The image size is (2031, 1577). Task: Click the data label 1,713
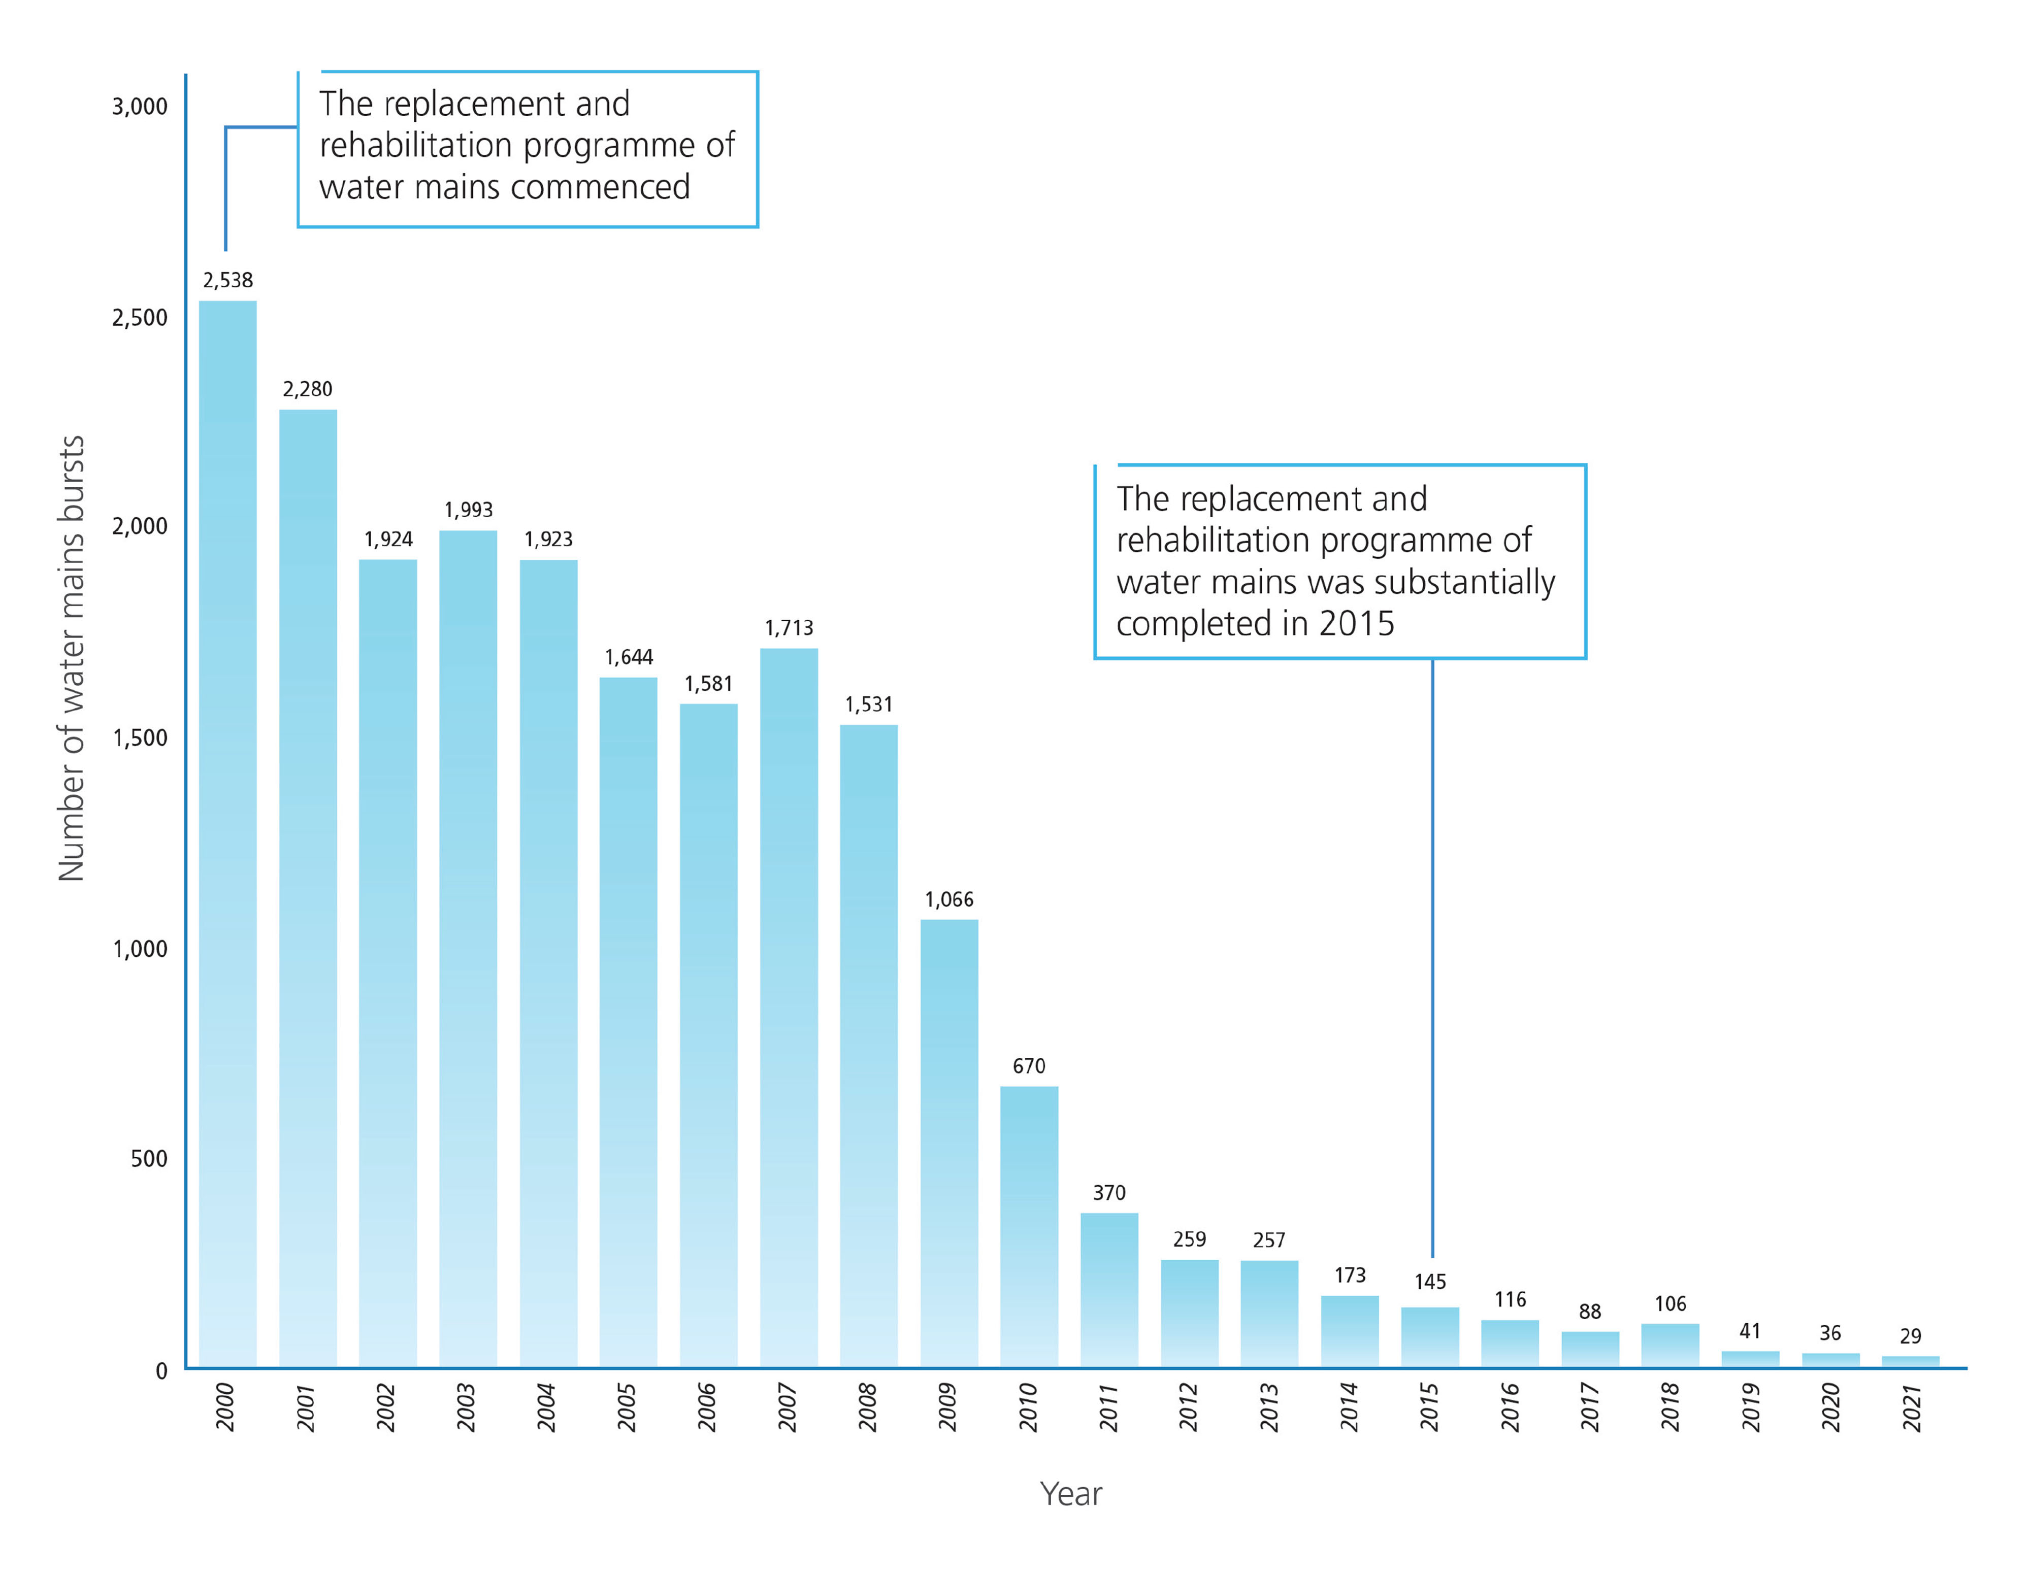(x=789, y=628)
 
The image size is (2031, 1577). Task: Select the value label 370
(x=1108, y=1193)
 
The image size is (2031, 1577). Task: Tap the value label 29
(x=1910, y=1336)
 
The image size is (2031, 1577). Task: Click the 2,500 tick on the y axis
(x=140, y=318)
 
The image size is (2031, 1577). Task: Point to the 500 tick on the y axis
(x=149, y=1159)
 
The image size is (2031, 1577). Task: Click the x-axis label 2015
(x=1429, y=1407)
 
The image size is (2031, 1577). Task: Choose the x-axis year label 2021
(x=1911, y=1407)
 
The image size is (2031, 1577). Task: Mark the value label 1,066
(x=948, y=899)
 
